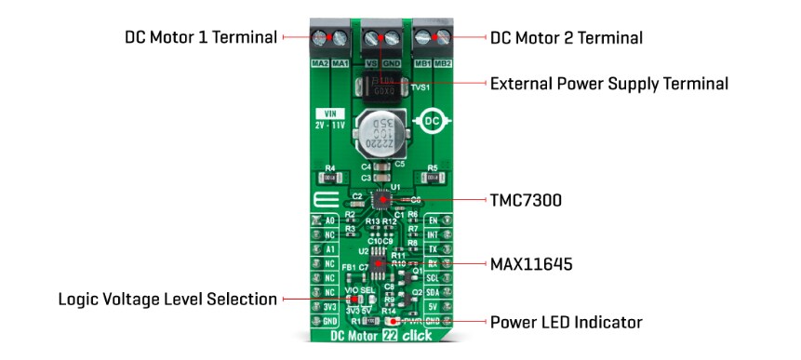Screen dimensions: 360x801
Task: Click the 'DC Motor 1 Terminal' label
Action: tap(201, 38)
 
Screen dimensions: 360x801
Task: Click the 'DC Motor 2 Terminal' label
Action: tap(567, 38)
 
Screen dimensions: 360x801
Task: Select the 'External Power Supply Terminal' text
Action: tap(608, 84)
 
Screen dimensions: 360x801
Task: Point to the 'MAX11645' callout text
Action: tap(532, 264)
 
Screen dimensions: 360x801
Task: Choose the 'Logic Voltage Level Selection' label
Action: tap(167, 300)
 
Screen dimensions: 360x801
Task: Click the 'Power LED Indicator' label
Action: tap(567, 323)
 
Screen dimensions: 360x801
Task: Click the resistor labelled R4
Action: tap(330, 177)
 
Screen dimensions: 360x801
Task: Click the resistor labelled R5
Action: tap(433, 177)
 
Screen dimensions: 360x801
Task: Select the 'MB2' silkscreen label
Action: tap(444, 62)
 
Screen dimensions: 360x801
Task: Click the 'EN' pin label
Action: tap(433, 220)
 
